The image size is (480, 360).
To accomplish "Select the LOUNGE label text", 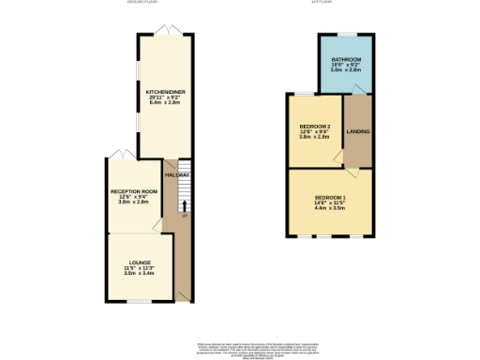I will pyautogui.click(x=138, y=262).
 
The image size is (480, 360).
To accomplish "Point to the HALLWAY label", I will pyautogui.click(x=177, y=175).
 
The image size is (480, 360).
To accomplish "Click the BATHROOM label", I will pyautogui.click(x=345, y=59).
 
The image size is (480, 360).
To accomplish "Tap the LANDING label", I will pyautogui.click(x=358, y=131).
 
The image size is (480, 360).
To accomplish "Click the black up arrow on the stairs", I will pyautogui.click(x=184, y=206).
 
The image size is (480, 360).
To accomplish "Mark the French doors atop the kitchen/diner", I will pyautogui.click(x=166, y=33).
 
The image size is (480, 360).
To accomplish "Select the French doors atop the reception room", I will pyautogui.click(x=118, y=153).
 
